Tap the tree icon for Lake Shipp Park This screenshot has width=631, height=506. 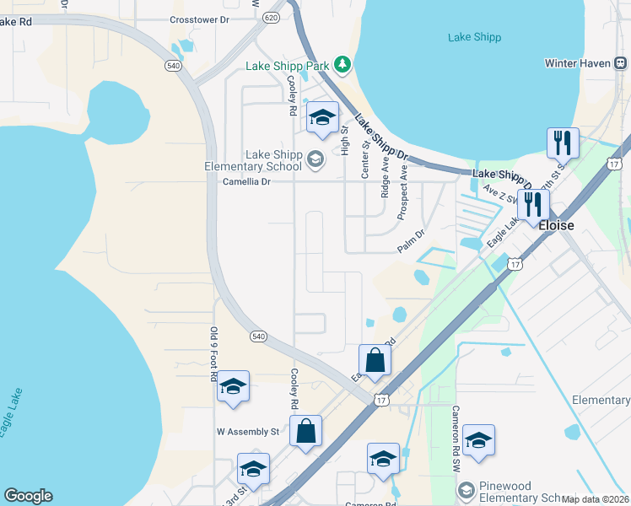coord(342,65)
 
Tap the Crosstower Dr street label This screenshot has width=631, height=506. coord(199,19)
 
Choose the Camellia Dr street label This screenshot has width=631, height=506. coord(246,181)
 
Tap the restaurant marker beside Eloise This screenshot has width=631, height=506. coord(533,203)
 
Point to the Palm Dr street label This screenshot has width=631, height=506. coord(413,243)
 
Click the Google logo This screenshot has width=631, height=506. coord(28,496)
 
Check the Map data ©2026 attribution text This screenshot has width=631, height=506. coord(594,499)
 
